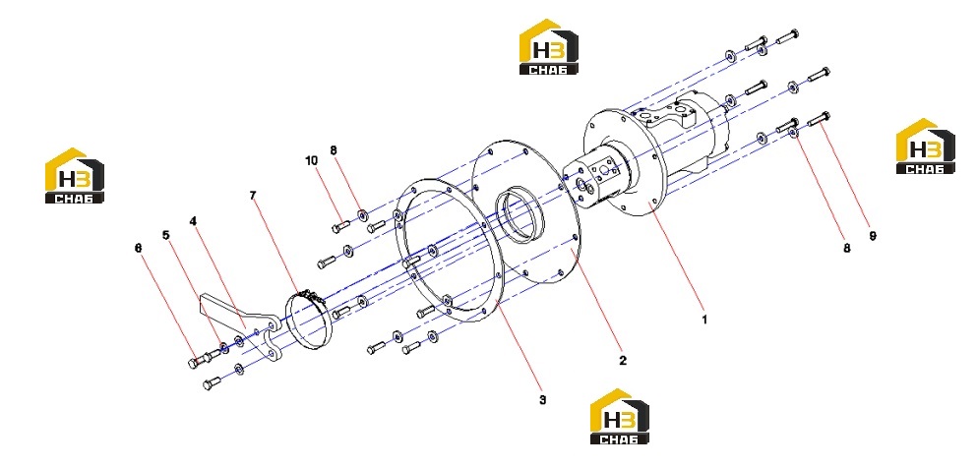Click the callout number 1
click(x=704, y=320)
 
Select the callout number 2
click(x=623, y=360)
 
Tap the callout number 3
click(x=543, y=399)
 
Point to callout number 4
click(x=193, y=221)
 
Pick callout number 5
click(x=165, y=235)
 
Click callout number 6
click(x=139, y=248)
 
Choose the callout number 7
click(x=252, y=195)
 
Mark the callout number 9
click(x=873, y=236)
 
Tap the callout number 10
click(x=311, y=160)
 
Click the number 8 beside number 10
click(x=334, y=149)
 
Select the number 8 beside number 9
click(x=846, y=249)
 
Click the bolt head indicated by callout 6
click(x=193, y=363)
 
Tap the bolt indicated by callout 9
click(x=819, y=119)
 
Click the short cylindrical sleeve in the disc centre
click(x=520, y=214)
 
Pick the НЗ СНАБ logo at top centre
click(x=549, y=46)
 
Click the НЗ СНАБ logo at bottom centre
click(x=619, y=416)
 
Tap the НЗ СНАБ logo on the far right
click(x=925, y=146)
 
